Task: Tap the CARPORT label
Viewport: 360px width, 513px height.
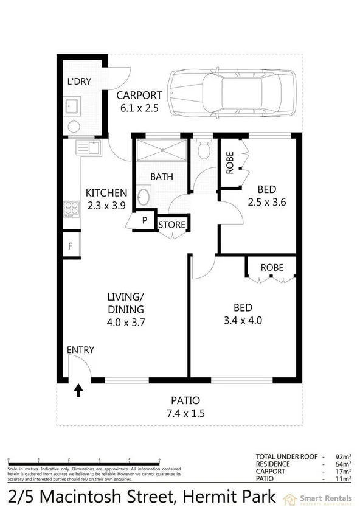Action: pos(139,95)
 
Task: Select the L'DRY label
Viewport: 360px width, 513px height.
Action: pos(78,82)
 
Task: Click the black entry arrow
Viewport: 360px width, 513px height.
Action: pos(78,389)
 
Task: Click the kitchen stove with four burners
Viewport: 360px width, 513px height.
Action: pos(72,208)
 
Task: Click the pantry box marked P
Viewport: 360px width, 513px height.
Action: pos(145,221)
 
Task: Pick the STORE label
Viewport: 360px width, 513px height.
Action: pos(171,225)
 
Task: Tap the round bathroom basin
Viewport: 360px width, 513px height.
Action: pos(144,197)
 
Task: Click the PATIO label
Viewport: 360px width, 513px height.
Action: pos(185,400)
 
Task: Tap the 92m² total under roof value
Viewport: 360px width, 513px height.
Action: pos(342,455)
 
